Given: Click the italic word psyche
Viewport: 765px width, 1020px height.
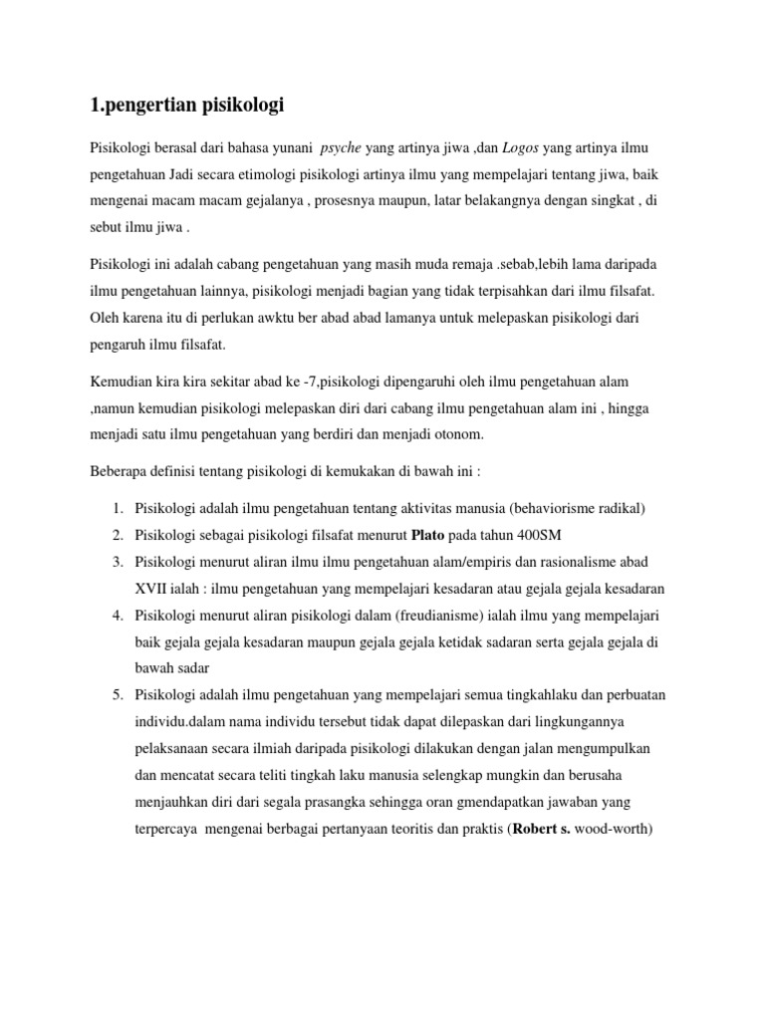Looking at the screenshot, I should point(341,148).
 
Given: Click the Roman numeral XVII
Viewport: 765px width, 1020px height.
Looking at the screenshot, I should point(152,589).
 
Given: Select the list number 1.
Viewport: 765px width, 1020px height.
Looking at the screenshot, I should point(117,509).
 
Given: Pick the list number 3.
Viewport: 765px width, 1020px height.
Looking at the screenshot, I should point(117,562).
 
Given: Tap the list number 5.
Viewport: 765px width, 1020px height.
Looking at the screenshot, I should point(117,695).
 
